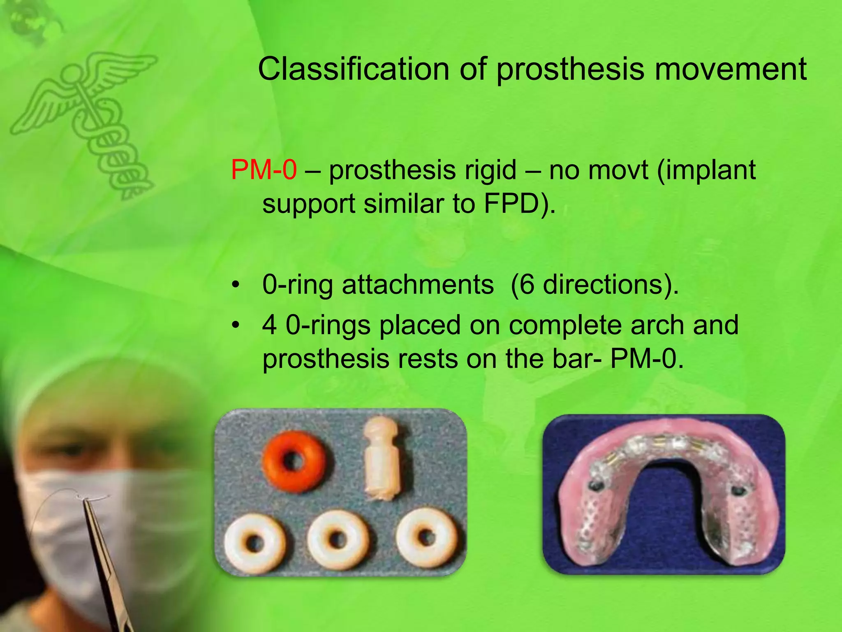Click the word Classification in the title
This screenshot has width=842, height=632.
[354, 69]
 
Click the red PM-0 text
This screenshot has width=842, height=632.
[264, 170]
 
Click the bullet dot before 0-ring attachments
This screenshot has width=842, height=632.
[235, 285]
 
